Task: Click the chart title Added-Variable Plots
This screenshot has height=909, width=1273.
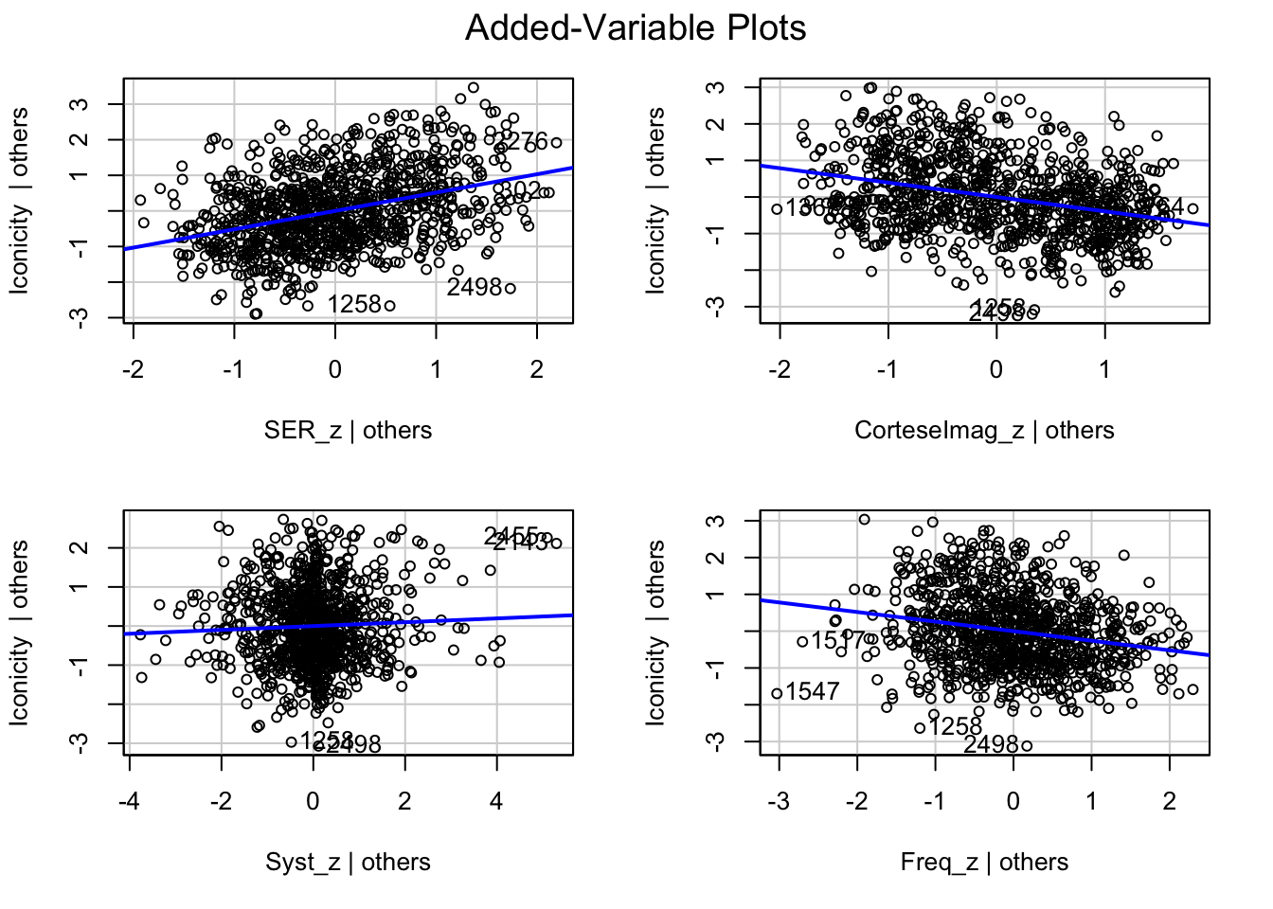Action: [x=636, y=28]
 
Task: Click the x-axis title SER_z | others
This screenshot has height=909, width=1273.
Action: [x=348, y=431]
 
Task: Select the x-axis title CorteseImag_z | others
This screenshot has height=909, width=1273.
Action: [x=984, y=431]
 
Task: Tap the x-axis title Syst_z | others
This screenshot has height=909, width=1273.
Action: [x=348, y=863]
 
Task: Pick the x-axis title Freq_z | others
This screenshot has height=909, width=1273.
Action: [x=984, y=863]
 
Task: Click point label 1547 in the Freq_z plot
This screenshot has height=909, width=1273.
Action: [x=813, y=691]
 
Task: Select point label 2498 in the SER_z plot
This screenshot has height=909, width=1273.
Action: [x=474, y=287]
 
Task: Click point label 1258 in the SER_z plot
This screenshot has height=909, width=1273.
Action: [x=354, y=305]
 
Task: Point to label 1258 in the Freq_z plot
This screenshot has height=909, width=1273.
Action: [x=955, y=727]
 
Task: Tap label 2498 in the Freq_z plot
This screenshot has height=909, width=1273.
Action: [x=991, y=745]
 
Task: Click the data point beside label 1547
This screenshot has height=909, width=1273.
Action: [x=778, y=694]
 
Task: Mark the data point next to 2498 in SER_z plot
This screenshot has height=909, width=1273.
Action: [x=511, y=288]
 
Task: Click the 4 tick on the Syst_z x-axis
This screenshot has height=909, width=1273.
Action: [x=496, y=802]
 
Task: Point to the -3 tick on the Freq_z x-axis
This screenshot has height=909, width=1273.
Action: [x=779, y=802]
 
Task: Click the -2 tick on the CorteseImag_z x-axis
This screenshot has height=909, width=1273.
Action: [x=780, y=369]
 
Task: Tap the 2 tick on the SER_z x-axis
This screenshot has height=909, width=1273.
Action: [x=537, y=369]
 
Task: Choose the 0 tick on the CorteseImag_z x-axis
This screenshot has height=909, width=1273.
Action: [x=996, y=369]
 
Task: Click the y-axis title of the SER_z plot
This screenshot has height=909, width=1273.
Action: [x=21, y=201]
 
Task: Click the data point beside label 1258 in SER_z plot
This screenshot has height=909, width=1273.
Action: [x=389, y=305]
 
